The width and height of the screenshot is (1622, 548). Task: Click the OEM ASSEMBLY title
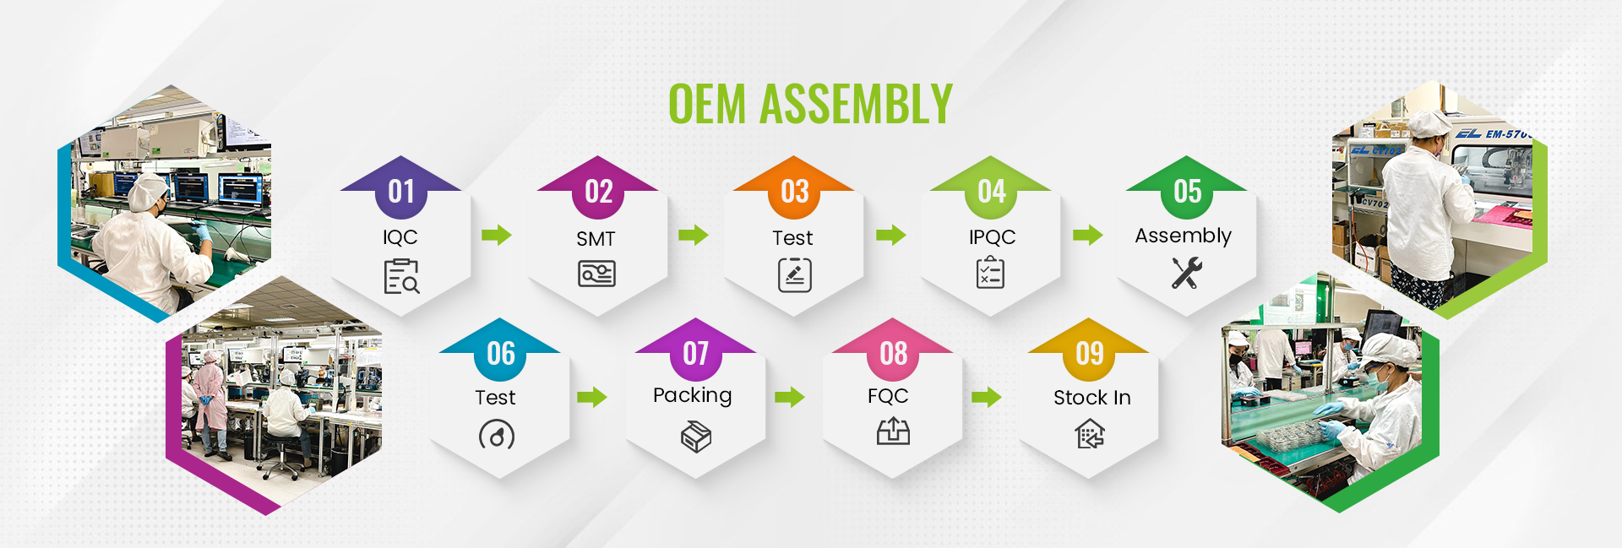pos(810,104)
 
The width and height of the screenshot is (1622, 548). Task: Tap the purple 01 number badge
pos(401,190)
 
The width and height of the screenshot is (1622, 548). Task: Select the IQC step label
pos(400,237)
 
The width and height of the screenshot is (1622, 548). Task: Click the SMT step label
pos(596,239)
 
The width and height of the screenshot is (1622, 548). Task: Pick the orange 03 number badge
pos(794,190)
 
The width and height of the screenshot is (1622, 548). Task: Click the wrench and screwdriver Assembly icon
pos(1186,273)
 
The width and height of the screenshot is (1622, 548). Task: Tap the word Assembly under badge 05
pos(1183,236)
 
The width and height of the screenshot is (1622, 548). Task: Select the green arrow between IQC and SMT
pos(497,235)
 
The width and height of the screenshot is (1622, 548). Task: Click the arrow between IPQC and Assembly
pos(1088,235)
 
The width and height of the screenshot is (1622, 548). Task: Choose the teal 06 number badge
pos(500,352)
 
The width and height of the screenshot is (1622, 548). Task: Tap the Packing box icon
pos(696,437)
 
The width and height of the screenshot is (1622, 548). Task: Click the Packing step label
pos(693,395)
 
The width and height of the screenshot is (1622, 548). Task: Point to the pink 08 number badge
pos(893,352)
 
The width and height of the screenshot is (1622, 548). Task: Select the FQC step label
pos(888,396)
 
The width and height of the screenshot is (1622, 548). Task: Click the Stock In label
pos(1091,398)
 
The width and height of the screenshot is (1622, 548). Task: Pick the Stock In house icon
pos(1090,435)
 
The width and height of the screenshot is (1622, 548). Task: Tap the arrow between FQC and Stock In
pos(987,397)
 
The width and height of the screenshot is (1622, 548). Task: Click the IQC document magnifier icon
pos(401,276)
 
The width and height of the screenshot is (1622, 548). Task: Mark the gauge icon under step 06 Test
pos(497,436)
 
